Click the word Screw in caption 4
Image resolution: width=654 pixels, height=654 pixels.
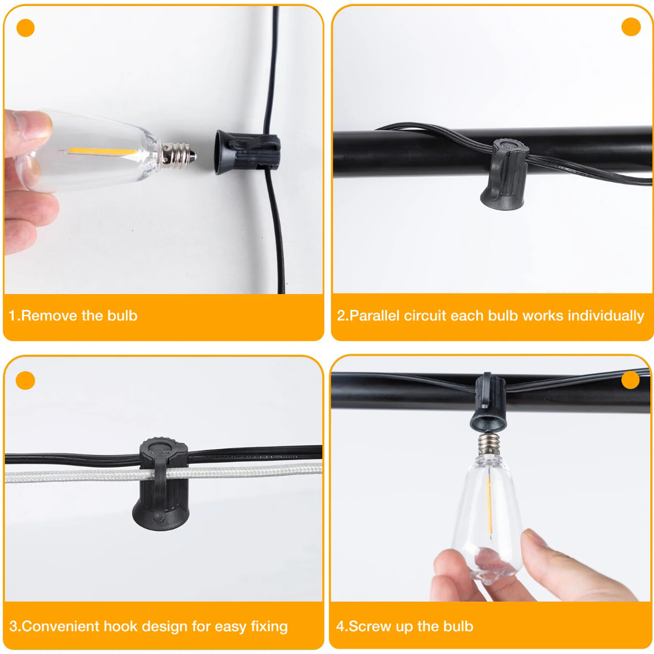click(x=370, y=626)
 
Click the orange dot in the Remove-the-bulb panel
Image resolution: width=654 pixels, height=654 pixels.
click(x=25, y=28)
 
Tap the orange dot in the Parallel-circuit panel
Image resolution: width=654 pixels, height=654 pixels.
click(x=631, y=27)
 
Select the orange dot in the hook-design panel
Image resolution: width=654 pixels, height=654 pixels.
click(x=25, y=380)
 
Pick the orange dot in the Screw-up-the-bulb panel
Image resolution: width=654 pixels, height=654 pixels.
click(x=630, y=379)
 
